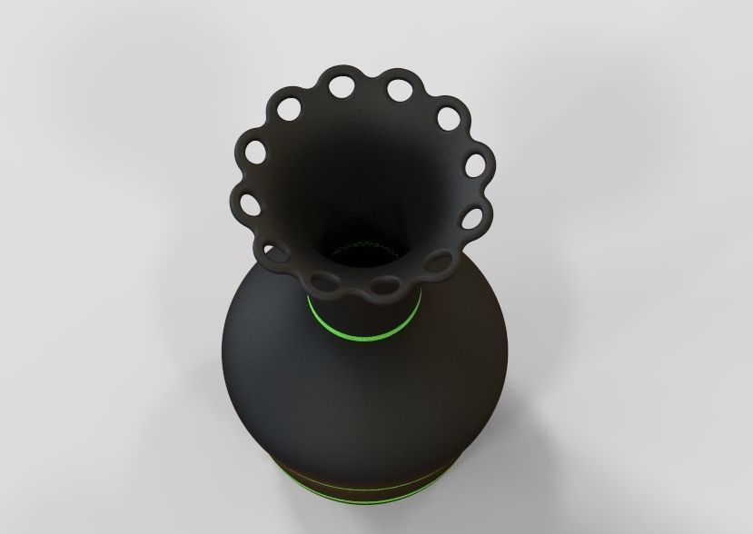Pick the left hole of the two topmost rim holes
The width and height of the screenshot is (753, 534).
(x=342, y=87)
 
